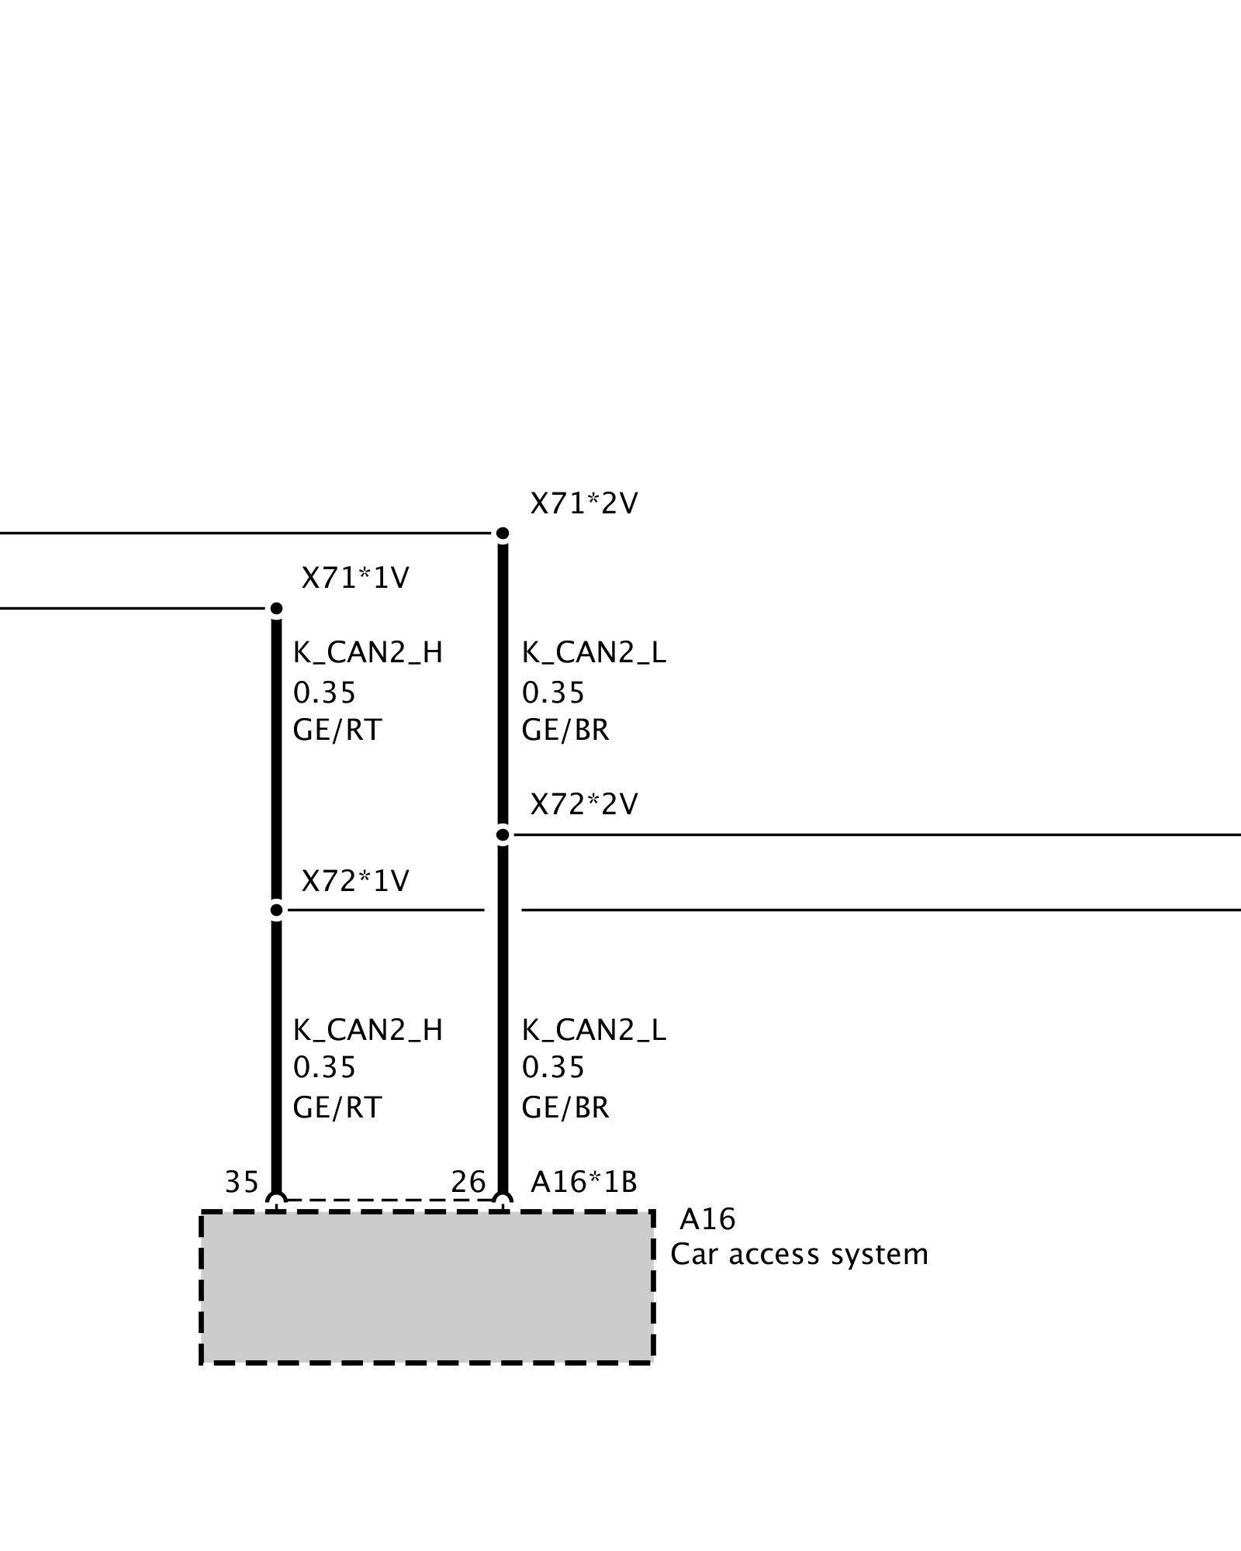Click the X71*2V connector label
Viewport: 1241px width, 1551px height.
point(583,505)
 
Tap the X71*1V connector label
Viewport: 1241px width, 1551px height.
point(355,579)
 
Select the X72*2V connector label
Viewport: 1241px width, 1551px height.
point(583,805)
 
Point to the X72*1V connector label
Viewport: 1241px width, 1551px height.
point(355,881)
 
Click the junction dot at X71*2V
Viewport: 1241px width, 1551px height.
point(503,534)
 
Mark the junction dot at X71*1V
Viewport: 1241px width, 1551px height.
point(276,609)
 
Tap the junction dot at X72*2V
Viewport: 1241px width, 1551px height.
point(503,835)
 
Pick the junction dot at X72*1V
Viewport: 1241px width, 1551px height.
point(276,910)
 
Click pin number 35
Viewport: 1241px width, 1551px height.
point(241,1182)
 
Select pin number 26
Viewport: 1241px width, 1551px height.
point(468,1182)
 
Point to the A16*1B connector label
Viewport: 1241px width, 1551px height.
point(583,1182)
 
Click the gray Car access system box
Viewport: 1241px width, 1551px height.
point(427,1287)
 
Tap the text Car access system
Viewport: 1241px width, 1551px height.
point(799,1255)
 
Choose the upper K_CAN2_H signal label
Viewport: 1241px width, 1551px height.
point(368,653)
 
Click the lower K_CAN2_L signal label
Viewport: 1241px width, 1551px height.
point(593,1030)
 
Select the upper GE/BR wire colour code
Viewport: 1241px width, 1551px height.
point(565,731)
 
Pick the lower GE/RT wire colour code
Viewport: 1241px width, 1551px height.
point(337,1107)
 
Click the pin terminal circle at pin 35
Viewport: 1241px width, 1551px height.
point(276,1202)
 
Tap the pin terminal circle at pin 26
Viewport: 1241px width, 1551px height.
point(503,1202)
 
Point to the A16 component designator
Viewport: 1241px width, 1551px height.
point(707,1220)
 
